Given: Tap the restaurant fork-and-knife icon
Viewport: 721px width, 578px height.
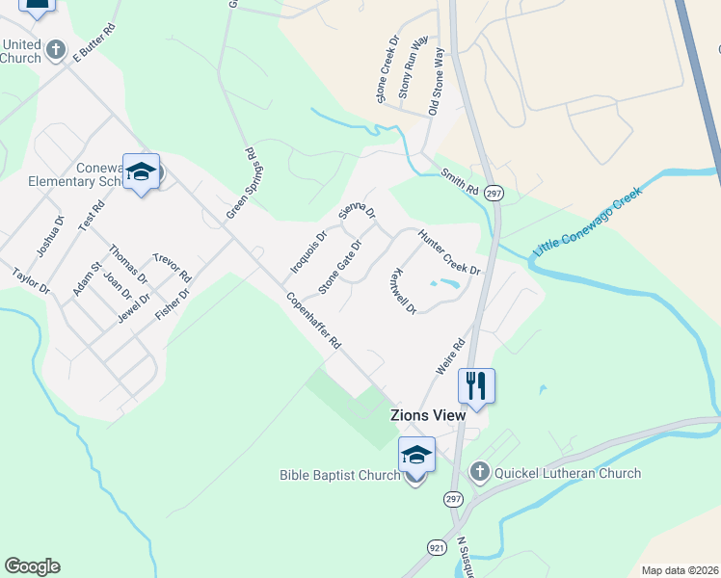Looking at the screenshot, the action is (x=476, y=385).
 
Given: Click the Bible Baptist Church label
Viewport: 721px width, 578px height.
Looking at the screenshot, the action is (x=339, y=475).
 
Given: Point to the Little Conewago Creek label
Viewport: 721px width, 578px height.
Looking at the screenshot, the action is (x=586, y=223).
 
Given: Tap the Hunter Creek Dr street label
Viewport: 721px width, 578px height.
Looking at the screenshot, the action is (x=448, y=252).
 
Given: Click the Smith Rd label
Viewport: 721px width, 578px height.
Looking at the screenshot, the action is (x=460, y=181).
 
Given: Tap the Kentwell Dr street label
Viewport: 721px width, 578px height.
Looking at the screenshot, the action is (x=404, y=292).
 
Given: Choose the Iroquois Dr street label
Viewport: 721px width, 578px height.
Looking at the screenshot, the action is (x=309, y=250).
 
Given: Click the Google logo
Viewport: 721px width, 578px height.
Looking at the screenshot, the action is (x=32, y=566).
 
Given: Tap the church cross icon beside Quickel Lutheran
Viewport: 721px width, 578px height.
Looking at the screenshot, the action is (x=479, y=472).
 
